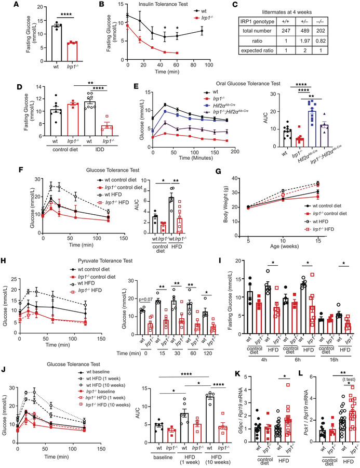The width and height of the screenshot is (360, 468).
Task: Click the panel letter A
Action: [6, 5]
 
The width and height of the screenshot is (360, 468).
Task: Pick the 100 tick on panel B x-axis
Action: [207, 66]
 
